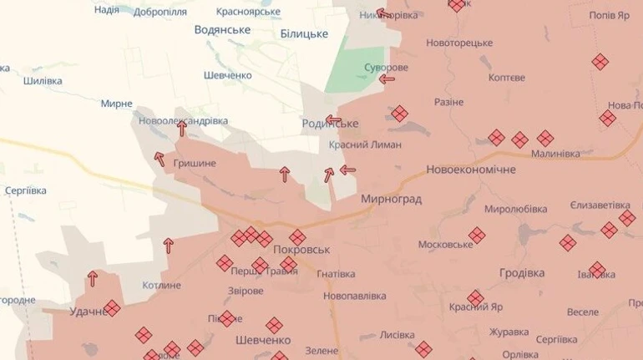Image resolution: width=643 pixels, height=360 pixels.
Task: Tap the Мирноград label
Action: click(x=391, y=200)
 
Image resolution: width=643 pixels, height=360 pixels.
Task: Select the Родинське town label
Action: click(x=330, y=124)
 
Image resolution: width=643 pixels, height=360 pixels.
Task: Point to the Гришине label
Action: click(x=194, y=164)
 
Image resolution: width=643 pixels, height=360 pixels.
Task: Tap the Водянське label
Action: click(x=222, y=30)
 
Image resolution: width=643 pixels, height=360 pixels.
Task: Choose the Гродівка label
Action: click(x=522, y=273)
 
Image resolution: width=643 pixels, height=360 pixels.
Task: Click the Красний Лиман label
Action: click(x=365, y=145)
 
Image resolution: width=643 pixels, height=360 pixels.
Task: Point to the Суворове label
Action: click(x=386, y=67)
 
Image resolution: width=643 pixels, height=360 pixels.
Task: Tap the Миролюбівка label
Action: click(x=515, y=209)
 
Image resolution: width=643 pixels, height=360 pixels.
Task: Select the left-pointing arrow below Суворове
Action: click(x=387, y=79)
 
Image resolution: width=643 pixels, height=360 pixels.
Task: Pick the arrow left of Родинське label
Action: click(x=333, y=120)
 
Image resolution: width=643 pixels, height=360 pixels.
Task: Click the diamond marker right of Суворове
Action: click(x=400, y=114)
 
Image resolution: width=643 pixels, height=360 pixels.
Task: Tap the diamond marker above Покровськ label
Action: click(x=297, y=237)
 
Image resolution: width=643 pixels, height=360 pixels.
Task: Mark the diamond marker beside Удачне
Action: click(x=112, y=308)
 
